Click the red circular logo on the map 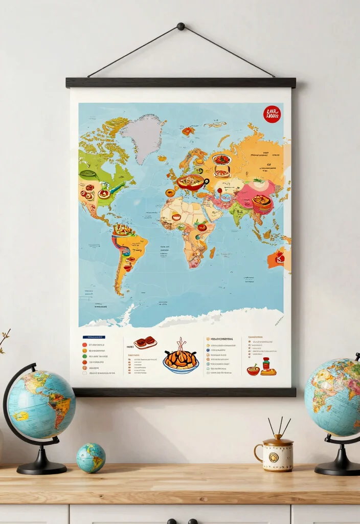click(x=272, y=114)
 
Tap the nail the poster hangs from click(x=181, y=26)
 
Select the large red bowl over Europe click(x=191, y=182)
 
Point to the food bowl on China click(x=261, y=201)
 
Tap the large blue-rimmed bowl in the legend click(x=181, y=360)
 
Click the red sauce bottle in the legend click(x=266, y=363)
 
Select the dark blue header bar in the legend click(x=94, y=338)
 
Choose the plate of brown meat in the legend click(x=145, y=342)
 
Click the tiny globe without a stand click(x=91, y=457)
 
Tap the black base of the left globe click(x=41, y=468)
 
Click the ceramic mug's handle click(x=258, y=452)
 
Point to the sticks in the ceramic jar click(x=279, y=426)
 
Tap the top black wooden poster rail click(x=181, y=82)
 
